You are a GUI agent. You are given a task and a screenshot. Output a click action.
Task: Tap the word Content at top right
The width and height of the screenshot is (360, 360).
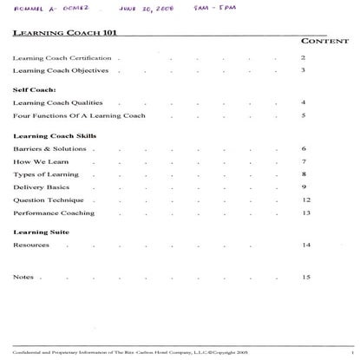point(324,41)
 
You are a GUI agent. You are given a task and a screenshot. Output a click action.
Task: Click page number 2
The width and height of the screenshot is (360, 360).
point(303,57)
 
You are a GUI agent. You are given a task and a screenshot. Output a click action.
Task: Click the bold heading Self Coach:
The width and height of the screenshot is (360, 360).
point(34,89)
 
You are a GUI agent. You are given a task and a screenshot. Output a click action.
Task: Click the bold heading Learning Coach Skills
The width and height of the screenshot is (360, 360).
point(55,136)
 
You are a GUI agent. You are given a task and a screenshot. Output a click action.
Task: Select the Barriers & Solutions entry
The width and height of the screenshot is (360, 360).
point(49,149)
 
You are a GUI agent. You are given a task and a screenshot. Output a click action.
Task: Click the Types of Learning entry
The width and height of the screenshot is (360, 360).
point(45,174)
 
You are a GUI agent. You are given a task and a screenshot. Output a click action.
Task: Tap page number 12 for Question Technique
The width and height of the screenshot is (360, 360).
point(305,200)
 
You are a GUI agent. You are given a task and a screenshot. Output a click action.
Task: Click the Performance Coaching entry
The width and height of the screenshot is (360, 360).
point(54,213)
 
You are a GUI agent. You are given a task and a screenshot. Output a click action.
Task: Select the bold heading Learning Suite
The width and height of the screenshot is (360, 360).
point(41,232)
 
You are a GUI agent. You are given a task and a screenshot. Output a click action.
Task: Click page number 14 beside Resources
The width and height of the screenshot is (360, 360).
point(305,245)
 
